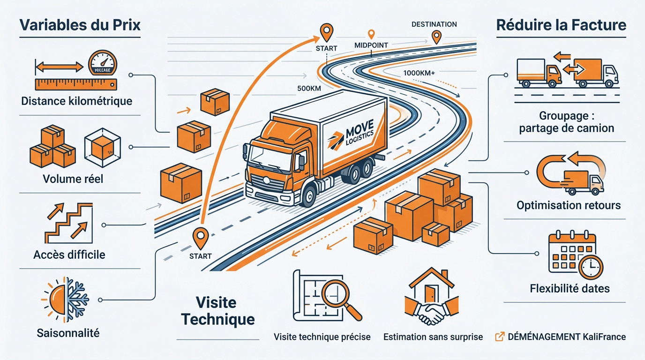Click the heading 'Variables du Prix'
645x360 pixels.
(80, 25)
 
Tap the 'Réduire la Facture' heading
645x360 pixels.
(561, 25)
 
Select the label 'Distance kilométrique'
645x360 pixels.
(76, 101)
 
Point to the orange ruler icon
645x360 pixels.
(75, 84)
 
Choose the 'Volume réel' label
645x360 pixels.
(73, 179)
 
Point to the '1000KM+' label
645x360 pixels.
(419, 73)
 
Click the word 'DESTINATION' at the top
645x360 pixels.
(434, 24)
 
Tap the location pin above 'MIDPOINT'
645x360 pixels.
(372, 34)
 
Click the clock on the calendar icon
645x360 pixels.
(591, 268)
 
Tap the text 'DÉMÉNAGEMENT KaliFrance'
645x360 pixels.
(566, 337)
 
